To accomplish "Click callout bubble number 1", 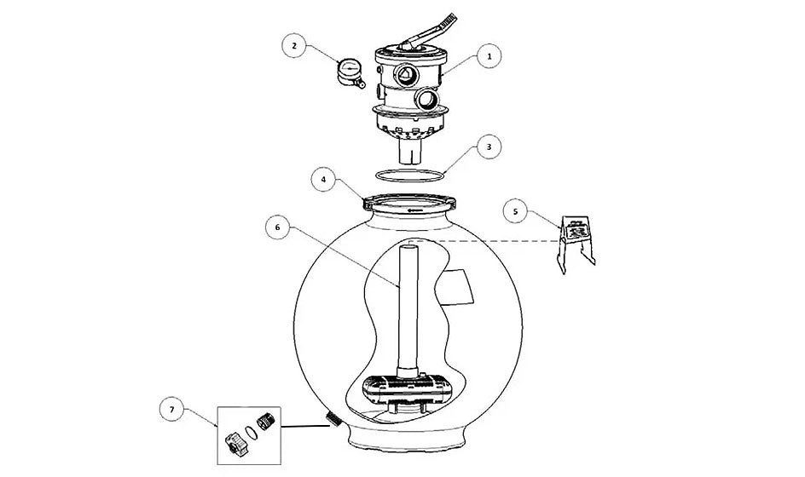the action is pyautogui.click(x=489, y=56).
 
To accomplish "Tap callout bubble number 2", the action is pyautogui.click(x=294, y=46).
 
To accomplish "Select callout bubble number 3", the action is pyautogui.click(x=489, y=147).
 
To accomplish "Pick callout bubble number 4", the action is pyautogui.click(x=323, y=180).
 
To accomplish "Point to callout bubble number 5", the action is pyautogui.click(x=515, y=210).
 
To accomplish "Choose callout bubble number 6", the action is pyautogui.click(x=278, y=227).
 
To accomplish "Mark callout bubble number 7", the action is pyautogui.click(x=171, y=409).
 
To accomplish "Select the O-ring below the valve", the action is pyautogui.click(x=409, y=175).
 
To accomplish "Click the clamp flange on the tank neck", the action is pyautogui.click(x=409, y=203).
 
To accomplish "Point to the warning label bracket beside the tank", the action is pyautogui.click(x=577, y=244).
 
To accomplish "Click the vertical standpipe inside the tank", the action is pyautogui.click(x=408, y=310).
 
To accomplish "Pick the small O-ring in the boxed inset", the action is pyautogui.click(x=250, y=433).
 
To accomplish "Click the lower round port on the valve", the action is pyautogui.click(x=427, y=99).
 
